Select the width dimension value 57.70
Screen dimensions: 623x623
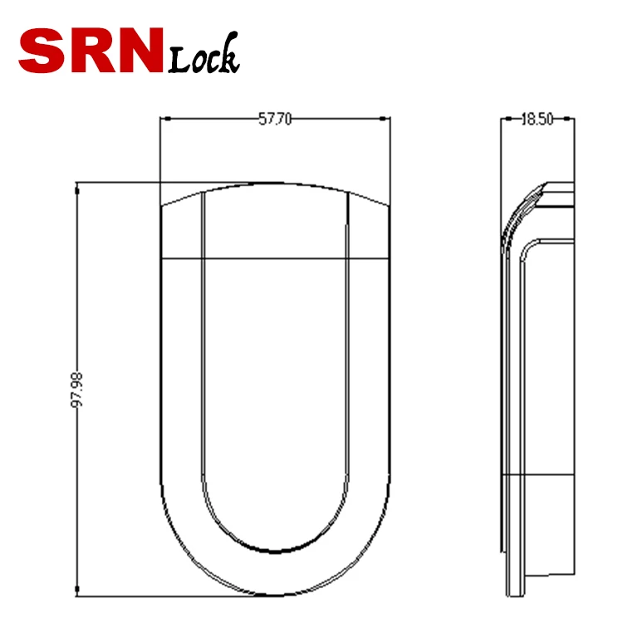coord(275,120)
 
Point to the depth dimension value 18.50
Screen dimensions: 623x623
coord(537,120)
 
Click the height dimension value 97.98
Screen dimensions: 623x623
coord(77,389)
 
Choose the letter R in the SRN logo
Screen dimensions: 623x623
coord(91,51)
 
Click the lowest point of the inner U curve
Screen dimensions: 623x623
coord(274,552)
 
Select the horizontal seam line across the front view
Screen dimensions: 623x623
coord(274,258)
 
